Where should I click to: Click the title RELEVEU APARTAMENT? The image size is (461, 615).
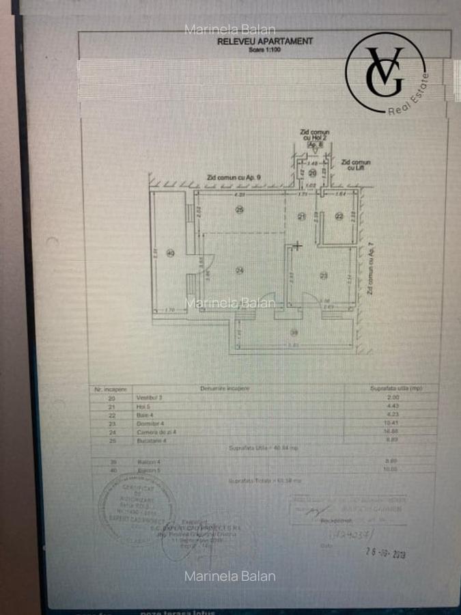point(264,41)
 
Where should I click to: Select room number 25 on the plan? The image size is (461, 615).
point(239,210)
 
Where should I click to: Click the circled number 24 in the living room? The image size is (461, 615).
point(240,271)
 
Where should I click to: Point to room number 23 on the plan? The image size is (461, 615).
point(324,275)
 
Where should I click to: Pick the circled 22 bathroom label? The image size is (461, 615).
point(339,217)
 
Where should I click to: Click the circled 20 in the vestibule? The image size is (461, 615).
point(312,174)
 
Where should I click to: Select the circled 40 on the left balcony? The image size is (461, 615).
point(170,254)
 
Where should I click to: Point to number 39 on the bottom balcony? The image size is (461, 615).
point(294,333)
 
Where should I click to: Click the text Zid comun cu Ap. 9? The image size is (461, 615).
point(234,178)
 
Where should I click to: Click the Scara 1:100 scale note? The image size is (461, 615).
point(264,49)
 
